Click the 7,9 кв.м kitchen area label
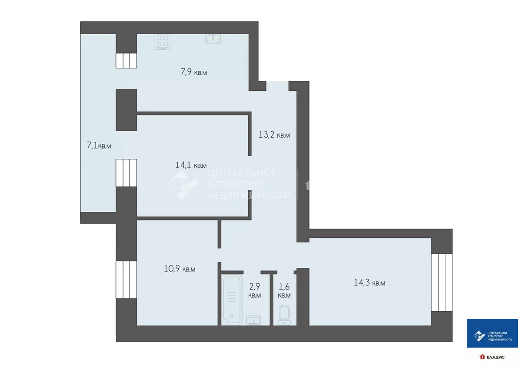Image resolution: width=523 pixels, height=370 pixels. tap(194, 72)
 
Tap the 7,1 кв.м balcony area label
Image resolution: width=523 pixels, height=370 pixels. tap(99, 145)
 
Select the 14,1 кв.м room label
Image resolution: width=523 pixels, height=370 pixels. tap(191, 165)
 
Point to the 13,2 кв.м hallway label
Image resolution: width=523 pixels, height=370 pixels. tap(274, 135)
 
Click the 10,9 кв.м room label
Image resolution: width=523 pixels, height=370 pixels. tap(179, 268)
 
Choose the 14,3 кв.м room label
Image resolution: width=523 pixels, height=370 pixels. tap(369, 282)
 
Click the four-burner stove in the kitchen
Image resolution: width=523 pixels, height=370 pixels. tap(162, 41)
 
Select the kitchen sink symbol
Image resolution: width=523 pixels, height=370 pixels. tap(213, 38)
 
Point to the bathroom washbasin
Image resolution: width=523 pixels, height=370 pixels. tap(253, 320)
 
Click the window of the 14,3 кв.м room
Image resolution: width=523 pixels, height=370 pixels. tap(442, 282)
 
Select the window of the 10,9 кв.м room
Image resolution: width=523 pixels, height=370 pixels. tap(126, 279)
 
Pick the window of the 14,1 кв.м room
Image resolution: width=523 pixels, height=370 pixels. tap(126, 173)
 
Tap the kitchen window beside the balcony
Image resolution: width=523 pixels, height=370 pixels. tap(126, 60)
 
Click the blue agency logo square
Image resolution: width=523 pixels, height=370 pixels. tap(492, 334)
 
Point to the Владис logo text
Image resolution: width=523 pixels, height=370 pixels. tap(495, 357)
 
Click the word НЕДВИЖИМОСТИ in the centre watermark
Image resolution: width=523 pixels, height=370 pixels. tap(249, 195)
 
